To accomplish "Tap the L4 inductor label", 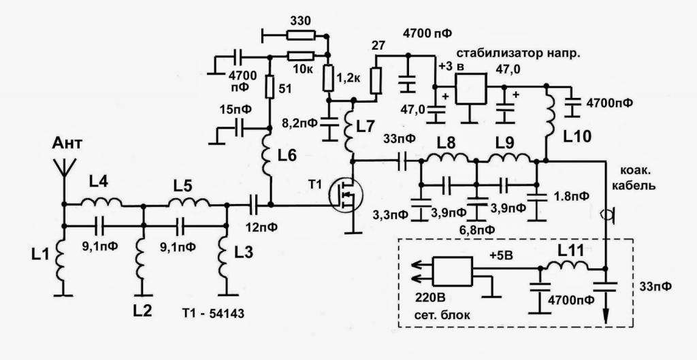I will click(x=98, y=182).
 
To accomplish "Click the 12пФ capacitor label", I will click(x=262, y=225).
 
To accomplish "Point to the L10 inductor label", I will click(x=578, y=136).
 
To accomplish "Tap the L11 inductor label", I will click(x=570, y=250).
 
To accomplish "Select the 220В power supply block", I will click(x=453, y=272).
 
